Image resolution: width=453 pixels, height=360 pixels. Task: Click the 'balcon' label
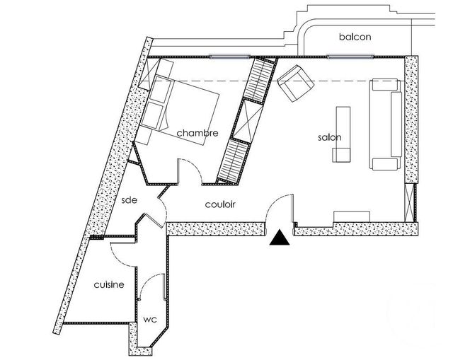355,37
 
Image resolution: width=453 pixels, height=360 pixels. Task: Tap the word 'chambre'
197,133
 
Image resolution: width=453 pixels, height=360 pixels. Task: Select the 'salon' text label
330,137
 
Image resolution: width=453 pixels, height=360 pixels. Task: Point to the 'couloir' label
220,204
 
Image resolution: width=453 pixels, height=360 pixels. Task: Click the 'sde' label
129,199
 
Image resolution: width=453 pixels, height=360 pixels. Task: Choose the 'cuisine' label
109,284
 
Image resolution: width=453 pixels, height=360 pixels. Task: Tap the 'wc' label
150,320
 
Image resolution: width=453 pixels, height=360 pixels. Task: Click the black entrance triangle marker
280,238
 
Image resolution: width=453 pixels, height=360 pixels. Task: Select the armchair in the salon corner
296,83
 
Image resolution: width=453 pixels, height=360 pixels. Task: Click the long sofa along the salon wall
386,124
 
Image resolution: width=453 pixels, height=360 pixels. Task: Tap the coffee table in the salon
343,134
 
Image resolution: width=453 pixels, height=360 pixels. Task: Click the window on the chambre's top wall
229,57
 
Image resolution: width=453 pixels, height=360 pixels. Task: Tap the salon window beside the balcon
350,57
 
